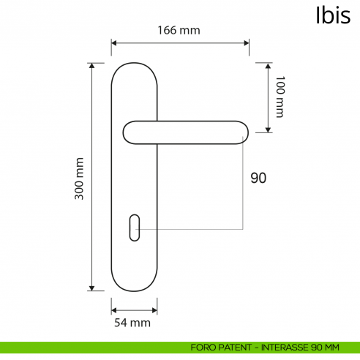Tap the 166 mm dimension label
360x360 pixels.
click(x=179, y=30)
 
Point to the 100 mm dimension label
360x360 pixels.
click(x=279, y=97)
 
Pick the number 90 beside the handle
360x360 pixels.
click(x=258, y=178)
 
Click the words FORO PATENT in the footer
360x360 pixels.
click(x=218, y=347)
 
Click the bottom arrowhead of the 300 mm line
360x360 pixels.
click(x=92, y=288)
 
